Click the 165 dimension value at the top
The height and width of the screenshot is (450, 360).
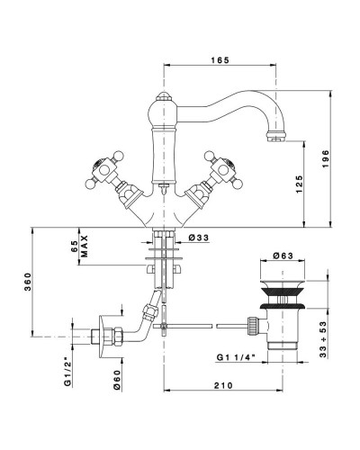[220, 60]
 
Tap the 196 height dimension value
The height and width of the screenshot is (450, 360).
[326, 159]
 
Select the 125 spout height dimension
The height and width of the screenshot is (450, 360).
[300, 184]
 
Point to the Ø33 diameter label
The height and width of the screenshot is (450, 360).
[199, 238]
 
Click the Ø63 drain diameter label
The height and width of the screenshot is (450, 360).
[283, 256]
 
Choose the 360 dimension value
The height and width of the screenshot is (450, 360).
[28, 282]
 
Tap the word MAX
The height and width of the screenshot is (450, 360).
[85, 246]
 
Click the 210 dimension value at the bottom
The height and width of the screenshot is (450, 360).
[223, 385]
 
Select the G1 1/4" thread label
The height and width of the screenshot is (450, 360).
[236, 357]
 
